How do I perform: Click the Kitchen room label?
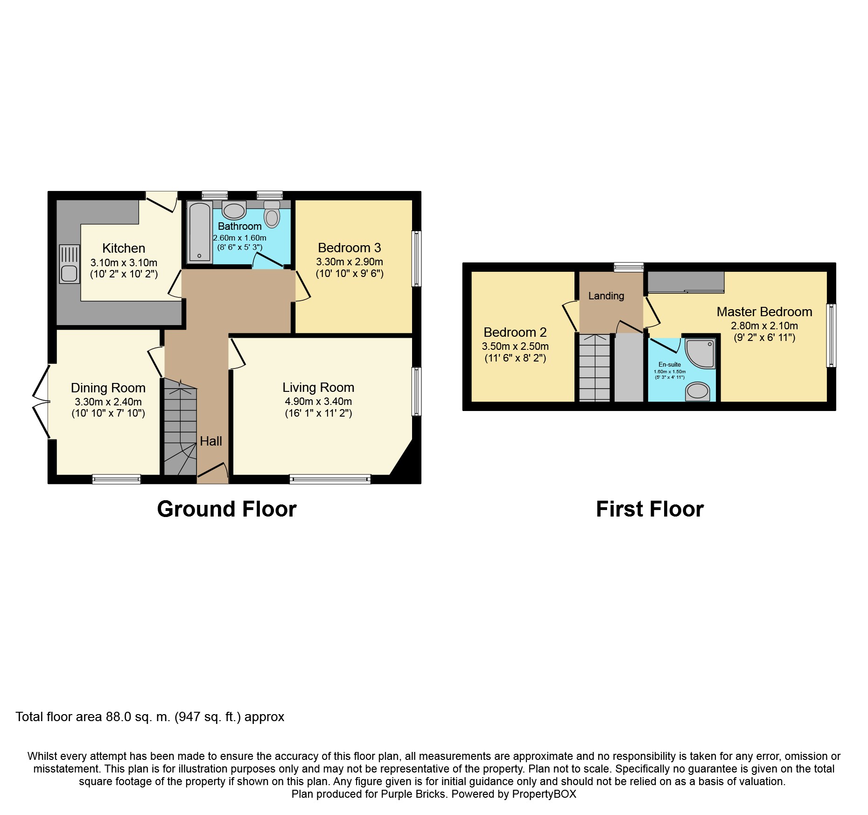124,248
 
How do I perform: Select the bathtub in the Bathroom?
200,232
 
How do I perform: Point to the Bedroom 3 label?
349,248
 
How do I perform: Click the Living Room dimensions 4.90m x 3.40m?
318,401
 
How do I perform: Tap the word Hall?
211,441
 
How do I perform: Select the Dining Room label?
108,388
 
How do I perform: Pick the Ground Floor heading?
226,509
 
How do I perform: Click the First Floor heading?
649,509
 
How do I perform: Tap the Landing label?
606,296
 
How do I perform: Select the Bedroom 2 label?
515,332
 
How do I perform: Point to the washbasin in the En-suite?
697,391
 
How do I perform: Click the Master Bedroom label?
764,312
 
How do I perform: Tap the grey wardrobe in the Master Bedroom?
686,282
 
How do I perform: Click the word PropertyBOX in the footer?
544,794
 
